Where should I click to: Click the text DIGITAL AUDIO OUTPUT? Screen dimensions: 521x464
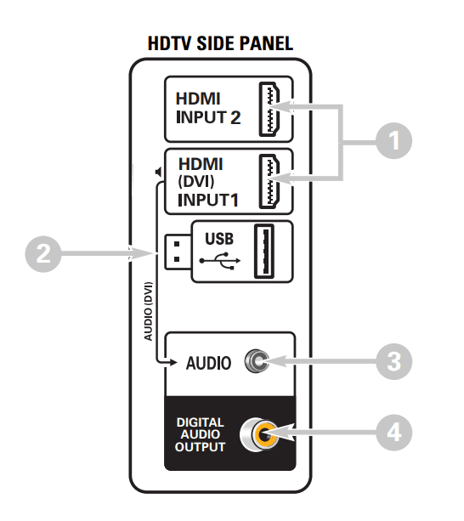(x=201, y=435)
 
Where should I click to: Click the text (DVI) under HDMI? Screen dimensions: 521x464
(x=194, y=182)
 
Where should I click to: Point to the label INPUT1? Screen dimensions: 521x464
(x=208, y=201)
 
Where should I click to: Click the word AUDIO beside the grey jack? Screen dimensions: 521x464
(x=208, y=363)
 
